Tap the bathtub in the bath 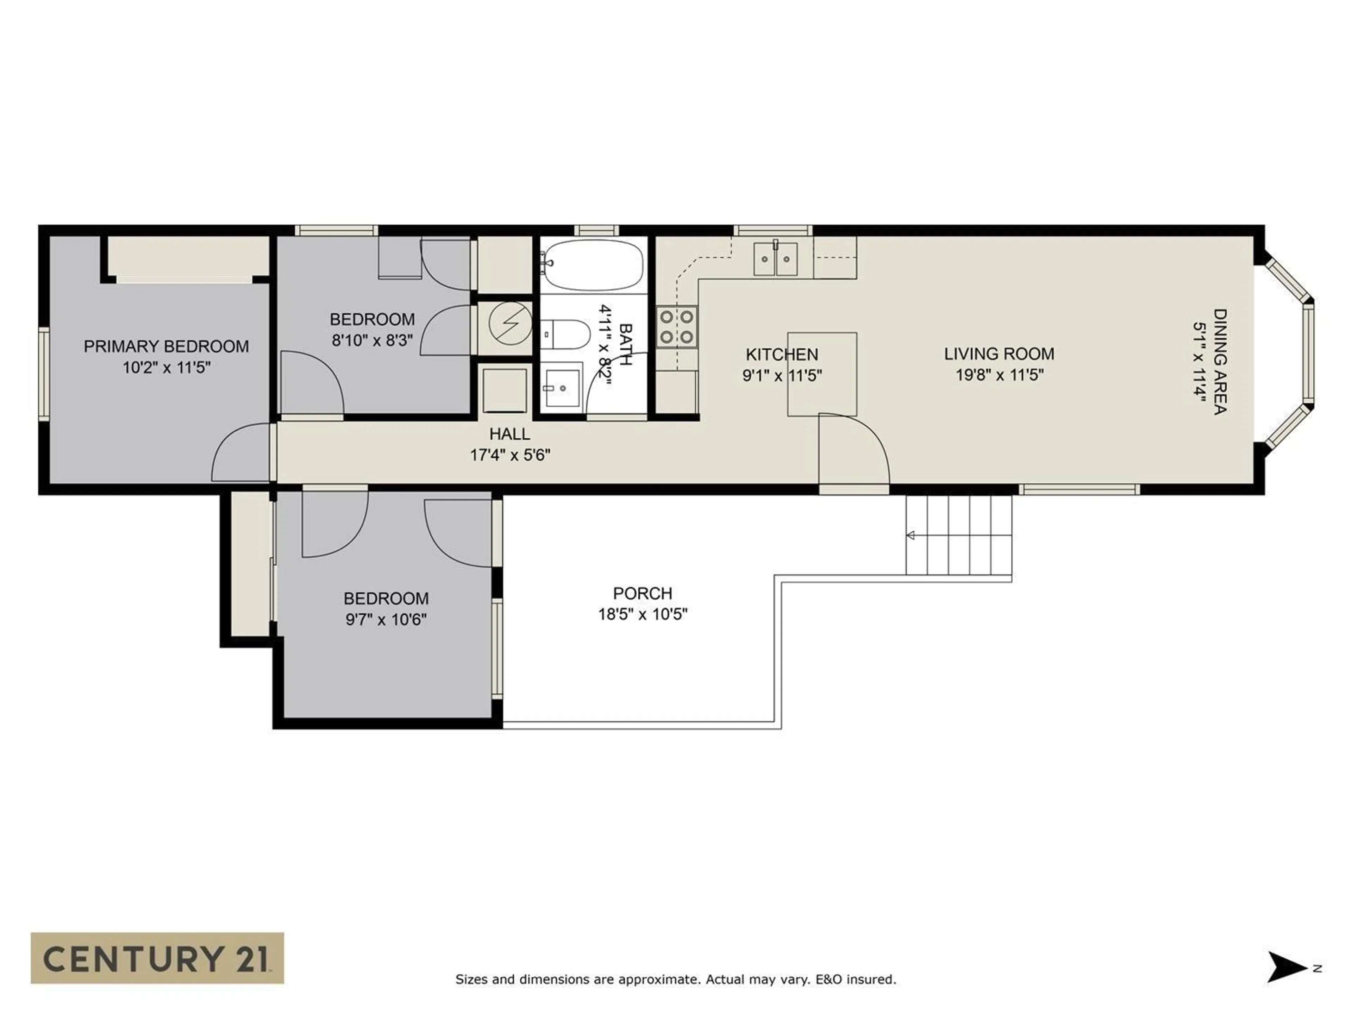[x=593, y=265]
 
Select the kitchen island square [x=821, y=374]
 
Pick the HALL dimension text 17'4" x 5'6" [x=510, y=455]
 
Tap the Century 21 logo [x=157, y=958]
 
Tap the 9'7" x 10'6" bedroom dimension [x=386, y=620]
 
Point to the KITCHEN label [x=781, y=355]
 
